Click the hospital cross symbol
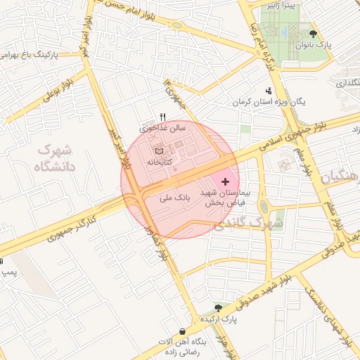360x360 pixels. coord(225,182)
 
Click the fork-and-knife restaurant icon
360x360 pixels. coord(163,117)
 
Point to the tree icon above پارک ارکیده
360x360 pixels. coord(218,307)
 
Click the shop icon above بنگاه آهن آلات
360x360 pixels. coord(183,331)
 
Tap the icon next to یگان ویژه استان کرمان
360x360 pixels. coord(268,91)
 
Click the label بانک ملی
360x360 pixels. coord(176,199)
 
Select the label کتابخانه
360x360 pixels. coord(160,162)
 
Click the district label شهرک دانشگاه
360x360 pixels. coord(54,158)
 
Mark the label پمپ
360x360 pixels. coord(8,271)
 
